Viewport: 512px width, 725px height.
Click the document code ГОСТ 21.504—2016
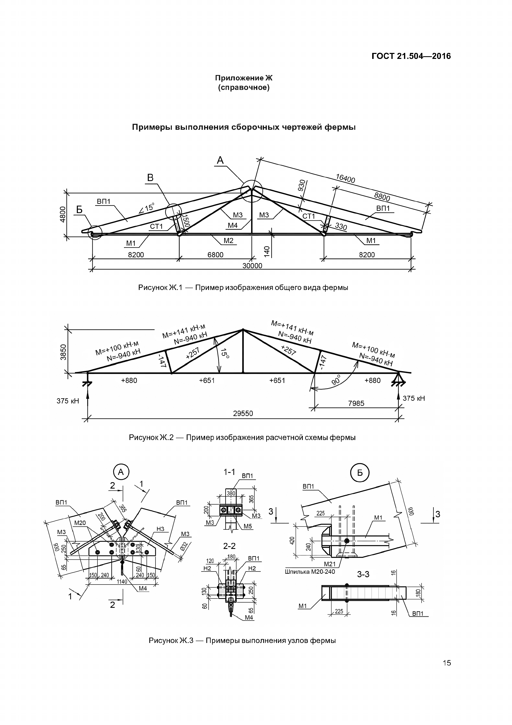[x=411, y=56]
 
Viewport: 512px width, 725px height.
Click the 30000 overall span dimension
[x=252, y=266]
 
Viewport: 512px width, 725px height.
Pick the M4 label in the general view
[x=233, y=225]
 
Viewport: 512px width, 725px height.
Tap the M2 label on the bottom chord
[x=228, y=241]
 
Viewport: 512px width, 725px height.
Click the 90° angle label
[x=336, y=380]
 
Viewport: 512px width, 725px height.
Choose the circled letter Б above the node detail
[x=360, y=473]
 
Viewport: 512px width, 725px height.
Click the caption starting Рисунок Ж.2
[x=242, y=438]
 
